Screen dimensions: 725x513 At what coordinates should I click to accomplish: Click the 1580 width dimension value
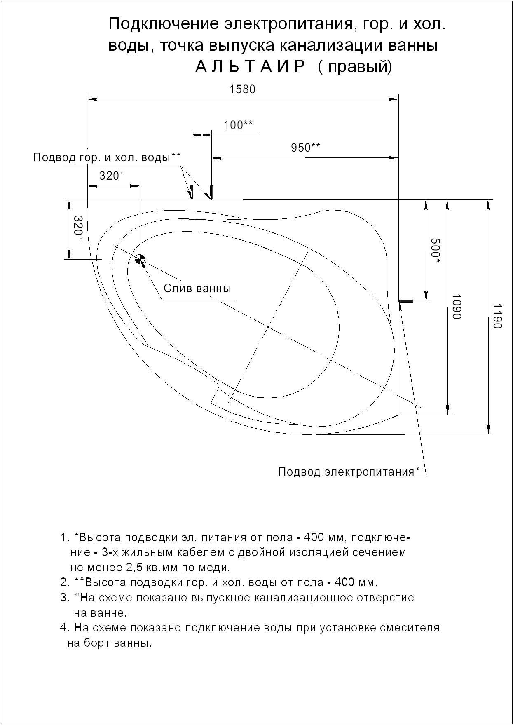point(242,89)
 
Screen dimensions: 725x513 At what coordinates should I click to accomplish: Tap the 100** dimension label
point(238,125)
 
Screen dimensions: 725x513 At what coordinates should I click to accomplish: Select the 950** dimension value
point(305,147)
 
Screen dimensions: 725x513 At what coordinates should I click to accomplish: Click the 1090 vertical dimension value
point(456,307)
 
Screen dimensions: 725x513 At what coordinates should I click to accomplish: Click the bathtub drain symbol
point(140,259)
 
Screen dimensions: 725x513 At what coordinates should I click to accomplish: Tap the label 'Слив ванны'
point(197,288)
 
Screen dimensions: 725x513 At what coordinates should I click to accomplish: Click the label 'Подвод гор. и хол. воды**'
point(107,157)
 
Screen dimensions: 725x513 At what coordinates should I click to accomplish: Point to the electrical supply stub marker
point(406,301)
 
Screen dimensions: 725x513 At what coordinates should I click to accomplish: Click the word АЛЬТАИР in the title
point(250,67)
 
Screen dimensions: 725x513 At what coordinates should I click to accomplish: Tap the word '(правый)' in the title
point(355,67)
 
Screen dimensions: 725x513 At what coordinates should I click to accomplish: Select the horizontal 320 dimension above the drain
point(110,176)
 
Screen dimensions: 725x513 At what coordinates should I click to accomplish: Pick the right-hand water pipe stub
point(212,192)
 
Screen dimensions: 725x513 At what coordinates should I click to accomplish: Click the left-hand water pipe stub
point(192,192)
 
